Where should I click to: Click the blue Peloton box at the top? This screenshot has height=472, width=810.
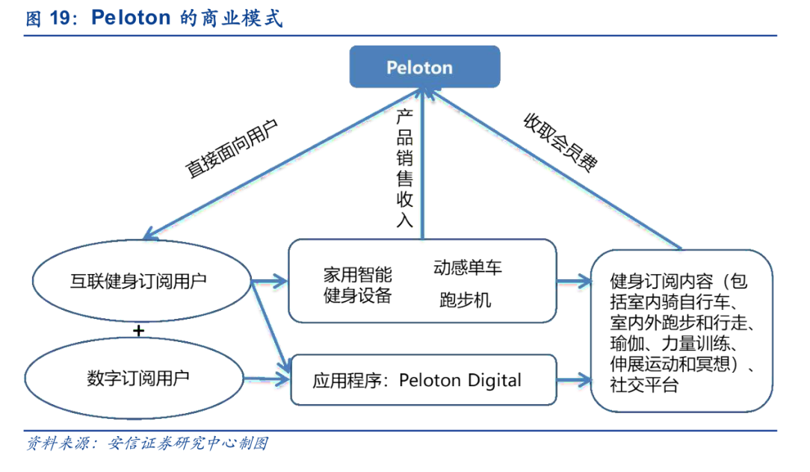coord(425,67)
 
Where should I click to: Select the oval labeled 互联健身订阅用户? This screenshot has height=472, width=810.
coord(139,281)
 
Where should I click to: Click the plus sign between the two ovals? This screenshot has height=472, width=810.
coord(137,329)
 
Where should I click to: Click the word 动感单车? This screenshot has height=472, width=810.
coord(468,267)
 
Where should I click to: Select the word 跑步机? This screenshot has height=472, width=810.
coord(465,300)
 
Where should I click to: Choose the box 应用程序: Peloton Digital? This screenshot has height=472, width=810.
coord(423,380)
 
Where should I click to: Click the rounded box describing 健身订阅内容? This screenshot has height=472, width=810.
coord(681,331)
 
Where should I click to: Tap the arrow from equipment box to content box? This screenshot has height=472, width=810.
coord(574,282)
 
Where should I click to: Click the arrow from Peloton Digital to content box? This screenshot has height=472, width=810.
coord(574,380)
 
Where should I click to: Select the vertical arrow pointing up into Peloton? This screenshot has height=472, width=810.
coord(423,164)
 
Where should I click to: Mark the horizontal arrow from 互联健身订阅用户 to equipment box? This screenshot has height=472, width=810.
coord(270,282)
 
